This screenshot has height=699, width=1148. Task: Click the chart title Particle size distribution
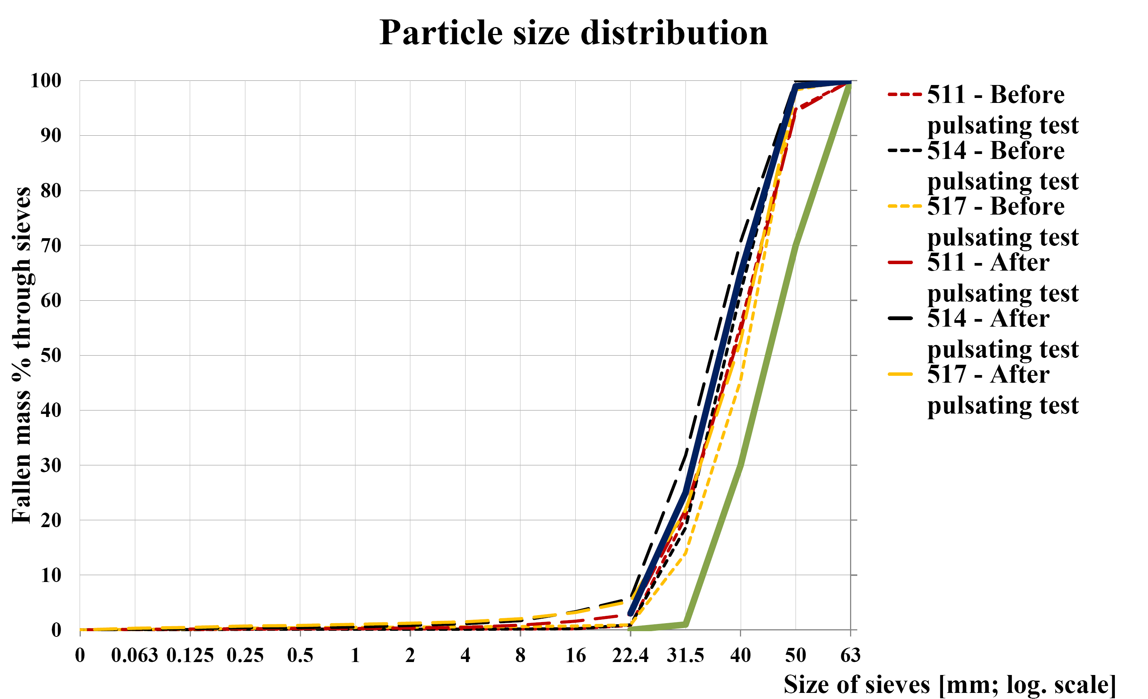pyautogui.click(x=573, y=34)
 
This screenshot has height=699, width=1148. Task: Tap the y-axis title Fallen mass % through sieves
pyautogui.click(x=22, y=355)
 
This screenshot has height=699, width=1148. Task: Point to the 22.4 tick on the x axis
pyautogui.click(x=630, y=656)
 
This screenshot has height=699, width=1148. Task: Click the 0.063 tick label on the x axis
pyautogui.click(x=134, y=656)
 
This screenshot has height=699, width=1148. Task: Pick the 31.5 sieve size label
pyautogui.click(x=685, y=656)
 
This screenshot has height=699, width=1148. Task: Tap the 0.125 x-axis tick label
pyautogui.click(x=190, y=656)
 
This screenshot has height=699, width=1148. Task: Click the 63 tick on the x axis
pyautogui.click(x=850, y=656)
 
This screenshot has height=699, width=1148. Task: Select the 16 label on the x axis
pyautogui.click(x=575, y=656)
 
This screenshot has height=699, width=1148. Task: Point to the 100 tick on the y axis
pyautogui.click(x=46, y=81)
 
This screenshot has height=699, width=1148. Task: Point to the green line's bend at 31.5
pyautogui.click(x=685, y=624)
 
